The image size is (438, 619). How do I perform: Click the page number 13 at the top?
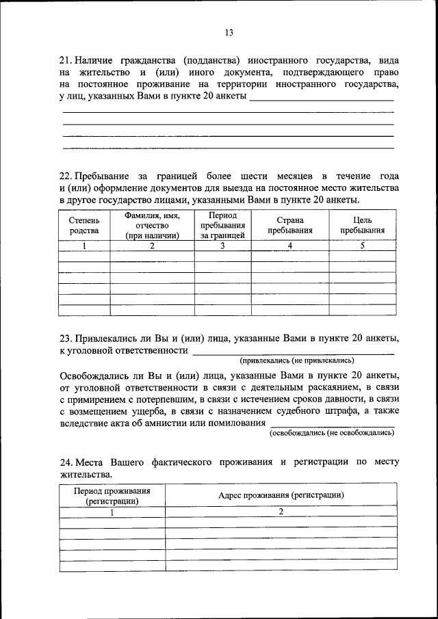point(229,32)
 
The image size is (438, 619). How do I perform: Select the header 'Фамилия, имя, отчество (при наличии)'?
point(152,226)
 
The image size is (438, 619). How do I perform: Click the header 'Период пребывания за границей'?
point(222,226)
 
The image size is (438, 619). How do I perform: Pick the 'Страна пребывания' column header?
point(290,226)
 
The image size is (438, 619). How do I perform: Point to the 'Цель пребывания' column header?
point(362,226)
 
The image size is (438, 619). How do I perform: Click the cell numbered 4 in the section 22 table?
point(290,246)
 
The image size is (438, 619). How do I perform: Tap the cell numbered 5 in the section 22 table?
point(362,246)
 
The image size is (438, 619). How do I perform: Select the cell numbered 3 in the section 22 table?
point(222,246)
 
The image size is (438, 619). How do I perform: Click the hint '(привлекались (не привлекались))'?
point(296,360)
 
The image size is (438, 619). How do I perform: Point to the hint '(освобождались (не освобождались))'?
point(331,433)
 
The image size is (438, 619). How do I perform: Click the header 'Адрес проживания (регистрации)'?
point(281,495)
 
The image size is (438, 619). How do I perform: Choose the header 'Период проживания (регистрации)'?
point(113,495)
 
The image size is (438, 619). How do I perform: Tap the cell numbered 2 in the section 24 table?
point(281,511)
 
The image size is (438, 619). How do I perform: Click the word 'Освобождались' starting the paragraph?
point(91,376)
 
